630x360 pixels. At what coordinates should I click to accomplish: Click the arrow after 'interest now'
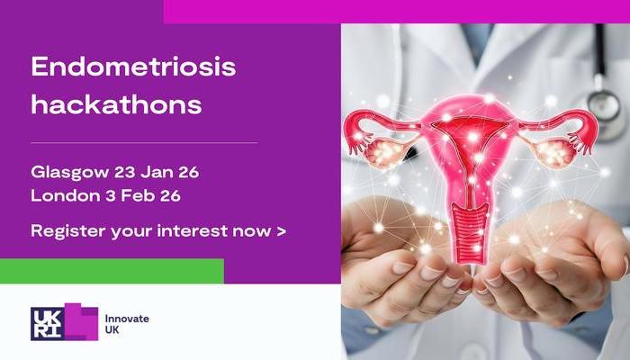click(282, 230)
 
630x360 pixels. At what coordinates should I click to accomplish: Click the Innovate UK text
click(127, 324)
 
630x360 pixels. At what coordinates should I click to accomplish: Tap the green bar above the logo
click(112, 270)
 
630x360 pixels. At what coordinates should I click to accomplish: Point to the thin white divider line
click(144, 142)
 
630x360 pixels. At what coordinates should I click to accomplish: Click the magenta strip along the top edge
click(396, 11)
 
